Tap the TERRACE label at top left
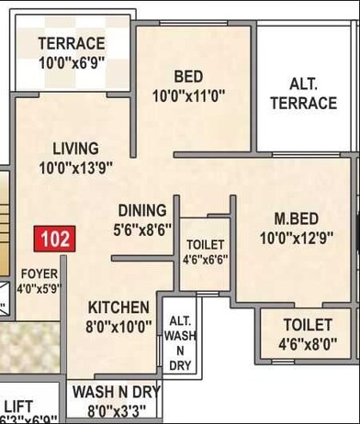click(x=71, y=44)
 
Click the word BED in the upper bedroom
click(x=188, y=75)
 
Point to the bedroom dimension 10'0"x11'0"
click(x=188, y=95)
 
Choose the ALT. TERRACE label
click(x=303, y=93)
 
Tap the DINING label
click(x=141, y=210)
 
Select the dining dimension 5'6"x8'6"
click(x=141, y=229)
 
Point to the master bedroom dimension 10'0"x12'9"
click(x=297, y=238)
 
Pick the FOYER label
click(x=39, y=273)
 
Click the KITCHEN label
click(x=119, y=307)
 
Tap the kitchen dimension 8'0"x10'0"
click(x=119, y=326)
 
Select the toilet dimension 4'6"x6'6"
click(x=205, y=260)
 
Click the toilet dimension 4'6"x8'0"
click(x=308, y=344)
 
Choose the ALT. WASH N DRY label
click(x=179, y=343)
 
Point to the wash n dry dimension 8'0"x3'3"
click(x=116, y=409)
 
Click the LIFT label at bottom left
click(x=18, y=405)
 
